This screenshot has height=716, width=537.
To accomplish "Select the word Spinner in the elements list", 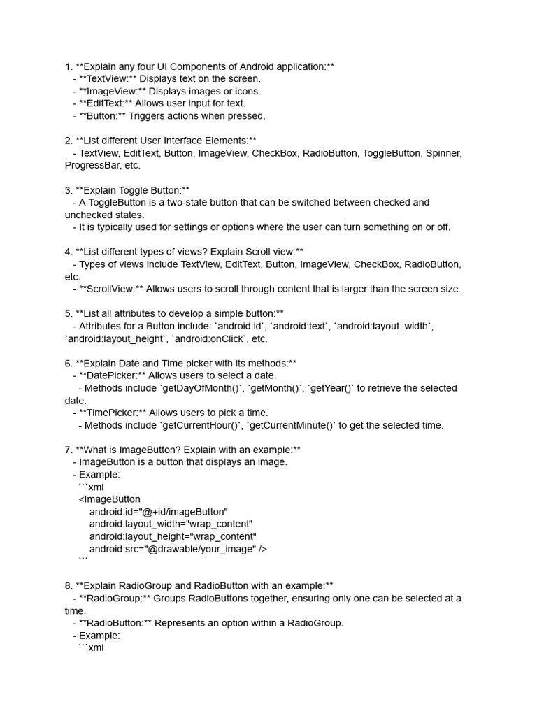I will [443, 152].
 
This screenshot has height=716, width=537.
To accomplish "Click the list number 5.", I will [68, 314].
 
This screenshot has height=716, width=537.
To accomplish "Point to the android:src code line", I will [178, 549].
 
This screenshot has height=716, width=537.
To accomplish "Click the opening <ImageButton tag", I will [110, 499].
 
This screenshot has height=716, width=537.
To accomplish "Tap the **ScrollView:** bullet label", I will [111, 289].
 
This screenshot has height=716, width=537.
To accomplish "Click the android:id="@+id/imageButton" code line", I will [159, 512].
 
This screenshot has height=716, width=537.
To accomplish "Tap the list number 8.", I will [68, 585].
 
